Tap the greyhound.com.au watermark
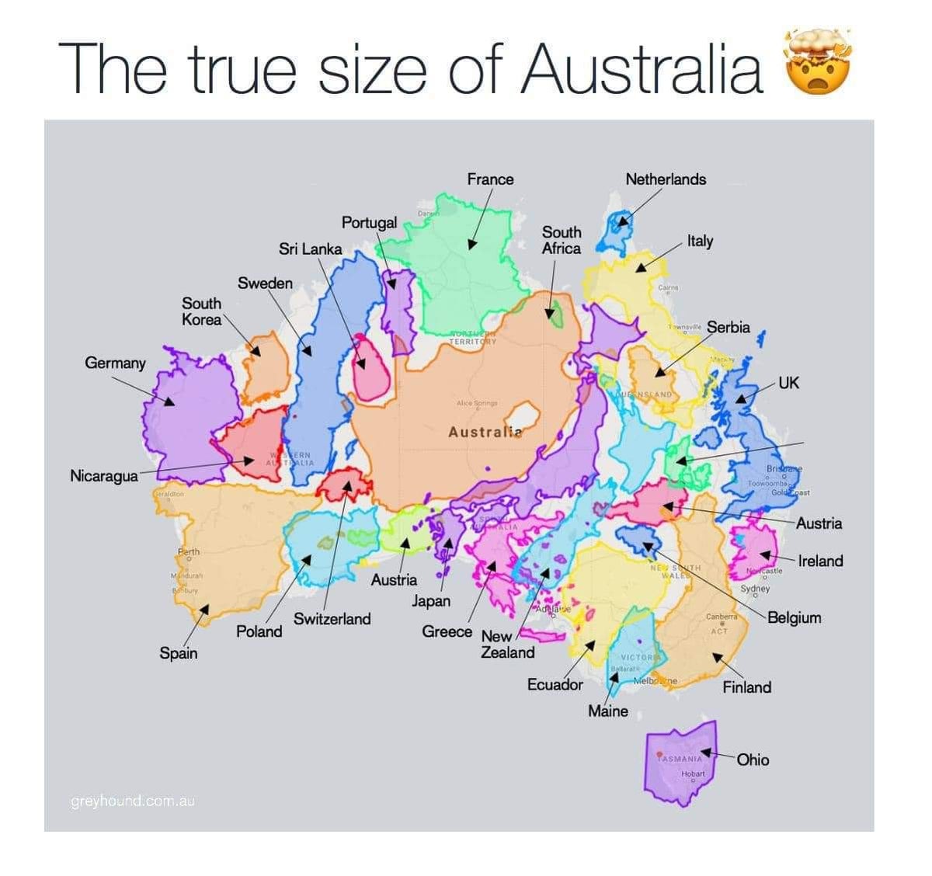pyautogui.click(x=132, y=801)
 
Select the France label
pyautogui.click(x=490, y=179)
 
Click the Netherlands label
pyautogui.click(x=666, y=179)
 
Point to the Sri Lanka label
pyautogui.click(x=310, y=249)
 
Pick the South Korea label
pyautogui.click(x=202, y=311)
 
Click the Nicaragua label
pyautogui.click(x=104, y=475)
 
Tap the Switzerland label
pyautogui.click(x=332, y=619)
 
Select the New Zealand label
pyautogui.click(x=506, y=645)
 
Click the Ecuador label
pyautogui.click(x=555, y=684)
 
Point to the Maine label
pyautogui.click(x=608, y=711)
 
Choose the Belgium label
pyautogui.click(x=795, y=618)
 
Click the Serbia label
pyautogui.click(x=729, y=327)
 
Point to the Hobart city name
pyautogui.click(x=693, y=773)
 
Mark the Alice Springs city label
pyautogui.click(x=477, y=404)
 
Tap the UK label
pyautogui.click(x=788, y=383)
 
